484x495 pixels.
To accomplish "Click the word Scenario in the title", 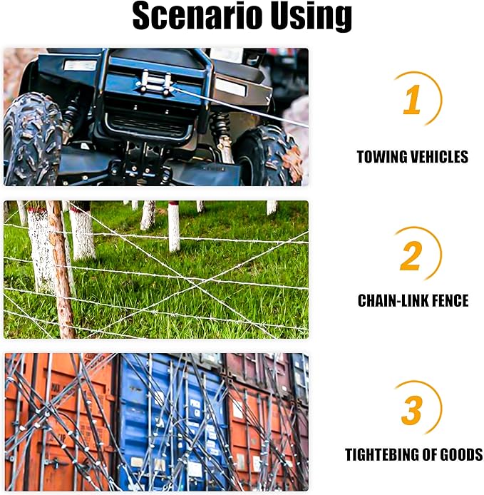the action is pyautogui.click(x=197, y=16).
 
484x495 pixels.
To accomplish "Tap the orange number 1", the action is pyautogui.click(x=413, y=99).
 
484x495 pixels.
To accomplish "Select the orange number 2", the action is pyautogui.click(x=411, y=256).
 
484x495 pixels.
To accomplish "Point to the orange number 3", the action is pyautogui.click(x=412, y=409).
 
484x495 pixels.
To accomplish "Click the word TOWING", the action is pyautogui.click(x=381, y=157).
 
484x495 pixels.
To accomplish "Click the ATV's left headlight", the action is pyautogui.click(x=80, y=66).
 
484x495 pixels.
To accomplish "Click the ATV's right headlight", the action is pyautogui.click(x=230, y=88).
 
